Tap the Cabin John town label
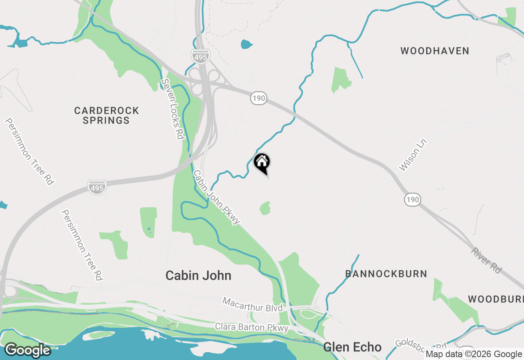(198, 276)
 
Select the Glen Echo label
(352, 347)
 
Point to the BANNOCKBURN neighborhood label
(386, 274)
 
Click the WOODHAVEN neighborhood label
(435, 51)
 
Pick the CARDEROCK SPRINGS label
(106, 115)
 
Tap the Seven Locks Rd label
(172, 109)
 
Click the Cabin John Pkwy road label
(216, 197)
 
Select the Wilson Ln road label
(413, 155)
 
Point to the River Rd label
(486, 260)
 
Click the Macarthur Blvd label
(252, 305)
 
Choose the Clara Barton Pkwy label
(252, 327)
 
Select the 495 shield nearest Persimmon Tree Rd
(97, 187)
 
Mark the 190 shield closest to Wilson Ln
(413, 200)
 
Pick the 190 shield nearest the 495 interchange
(259, 98)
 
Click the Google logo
(27, 350)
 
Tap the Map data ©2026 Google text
(474, 354)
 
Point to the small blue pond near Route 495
(246, 44)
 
